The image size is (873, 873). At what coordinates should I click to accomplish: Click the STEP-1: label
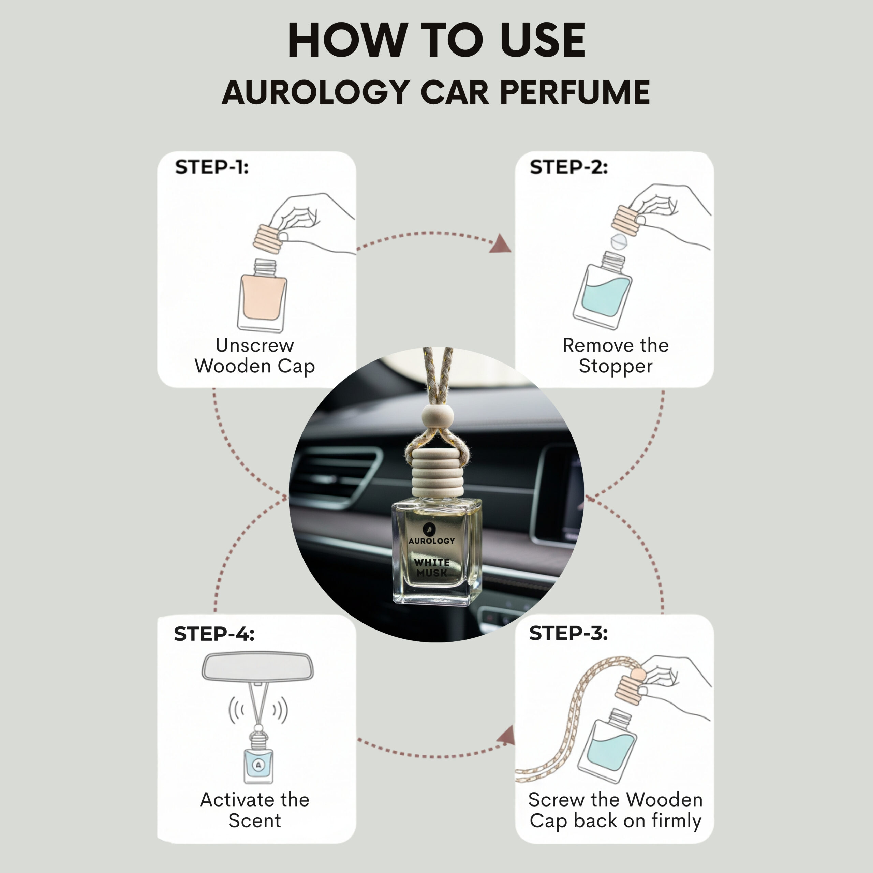212,167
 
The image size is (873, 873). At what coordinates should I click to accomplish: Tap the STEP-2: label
569,167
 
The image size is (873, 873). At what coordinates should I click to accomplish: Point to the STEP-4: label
214,634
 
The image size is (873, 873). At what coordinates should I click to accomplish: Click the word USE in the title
543,40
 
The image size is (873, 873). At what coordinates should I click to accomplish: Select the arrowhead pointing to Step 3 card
506,736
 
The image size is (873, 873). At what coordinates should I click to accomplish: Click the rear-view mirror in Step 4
257,666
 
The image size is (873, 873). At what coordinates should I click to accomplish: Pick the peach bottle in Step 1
262,296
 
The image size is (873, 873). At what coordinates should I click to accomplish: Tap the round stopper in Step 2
619,242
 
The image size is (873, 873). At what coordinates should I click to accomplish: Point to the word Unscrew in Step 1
255,345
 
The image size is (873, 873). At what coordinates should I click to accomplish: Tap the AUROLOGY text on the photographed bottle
431,541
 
